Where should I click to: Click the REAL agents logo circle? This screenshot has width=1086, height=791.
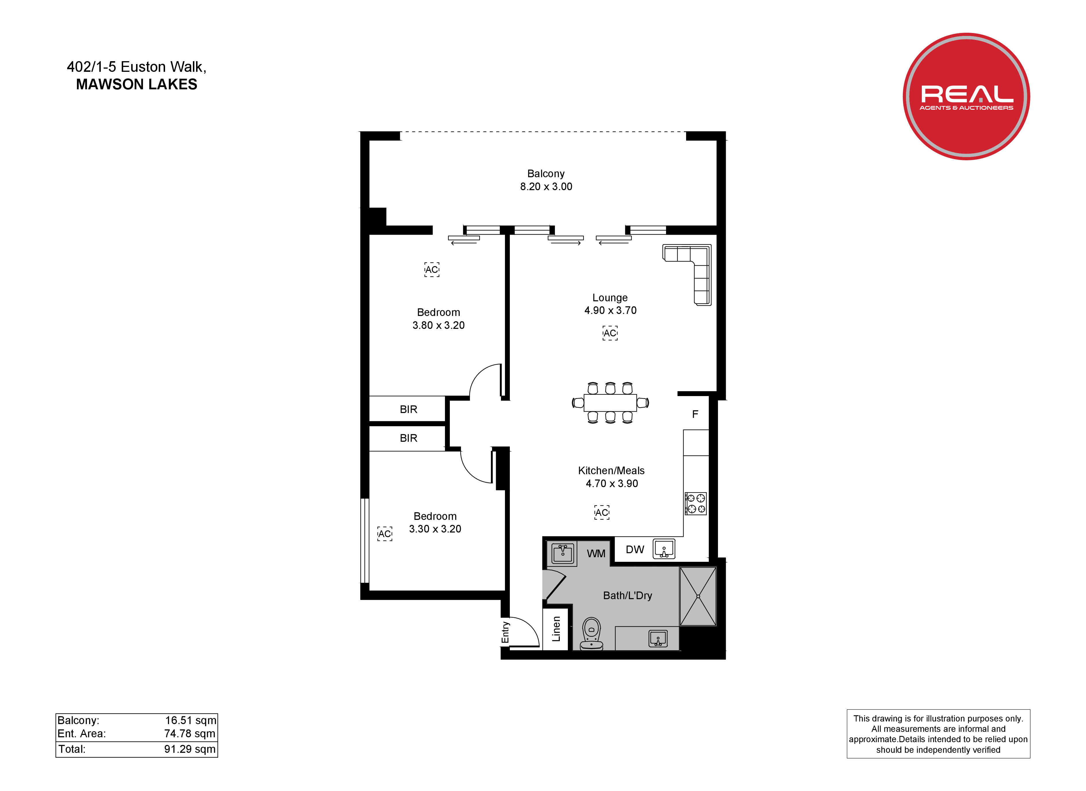point(966,96)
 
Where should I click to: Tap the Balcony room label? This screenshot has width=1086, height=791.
point(546,173)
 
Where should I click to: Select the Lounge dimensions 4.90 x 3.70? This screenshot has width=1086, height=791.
point(611,310)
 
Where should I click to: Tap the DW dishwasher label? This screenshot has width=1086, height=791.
point(635,549)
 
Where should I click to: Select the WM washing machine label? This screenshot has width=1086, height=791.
point(596,554)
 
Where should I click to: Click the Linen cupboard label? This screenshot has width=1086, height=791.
point(556,629)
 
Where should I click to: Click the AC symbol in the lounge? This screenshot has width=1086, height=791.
point(610,333)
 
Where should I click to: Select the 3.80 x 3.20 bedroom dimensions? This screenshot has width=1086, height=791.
point(439,325)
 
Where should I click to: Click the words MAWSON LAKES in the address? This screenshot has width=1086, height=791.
point(136,84)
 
